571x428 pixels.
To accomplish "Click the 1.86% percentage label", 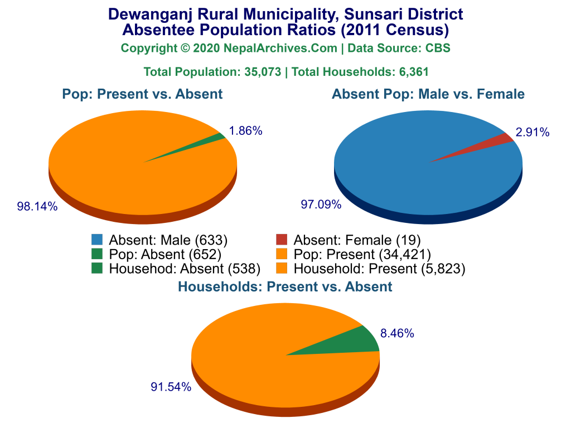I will click(x=245, y=132).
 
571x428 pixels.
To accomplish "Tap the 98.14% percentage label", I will click(x=37, y=207).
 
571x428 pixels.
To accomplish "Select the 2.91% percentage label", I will click(x=533, y=132).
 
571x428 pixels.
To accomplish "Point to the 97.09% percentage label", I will click(x=321, y=205).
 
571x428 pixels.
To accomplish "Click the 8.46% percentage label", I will click(x=396, y=334).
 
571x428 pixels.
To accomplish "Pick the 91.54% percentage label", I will click(x=171, y=387).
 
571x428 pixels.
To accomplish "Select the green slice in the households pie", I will click(x=357, y=341).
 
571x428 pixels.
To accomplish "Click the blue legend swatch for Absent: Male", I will click(x=97, y=240).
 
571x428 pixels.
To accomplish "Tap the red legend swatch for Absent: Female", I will click(x=282, y=240).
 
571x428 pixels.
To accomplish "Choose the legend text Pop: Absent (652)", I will click(x=165, y=255).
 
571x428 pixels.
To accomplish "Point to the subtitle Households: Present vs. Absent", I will click(x=285, y=287).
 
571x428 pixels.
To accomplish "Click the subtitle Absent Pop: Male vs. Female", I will click(x=428, y=94).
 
